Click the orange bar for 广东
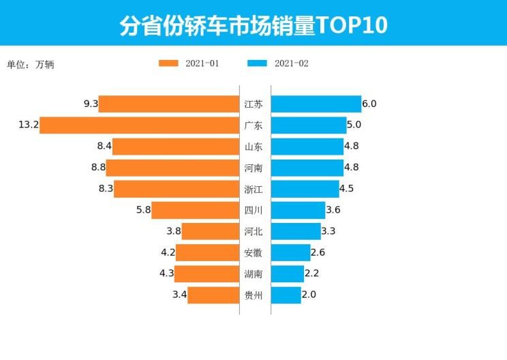(139, 125)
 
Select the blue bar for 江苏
(316, 104)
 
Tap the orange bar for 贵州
(213, 295)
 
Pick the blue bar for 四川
(298, 210)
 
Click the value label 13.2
(28, 125)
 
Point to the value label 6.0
(369, 104)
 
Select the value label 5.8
(143, 210)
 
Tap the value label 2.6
(318, 253)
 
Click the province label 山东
(253, 147)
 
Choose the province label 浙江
(253, 190)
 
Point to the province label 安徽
(253, 253)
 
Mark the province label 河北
(253, 232)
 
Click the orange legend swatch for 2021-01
(168, 63)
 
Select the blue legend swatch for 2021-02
(257, 63)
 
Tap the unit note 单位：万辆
(31, 65)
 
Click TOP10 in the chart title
(353, 25)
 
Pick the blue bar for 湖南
(287, 274)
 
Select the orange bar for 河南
(172, 168)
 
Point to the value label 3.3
(328, 232)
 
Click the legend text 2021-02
(292, 63)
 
